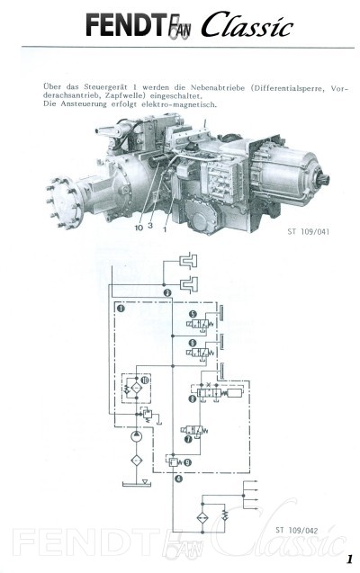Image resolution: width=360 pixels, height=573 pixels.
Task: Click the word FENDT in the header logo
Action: click(123, 25)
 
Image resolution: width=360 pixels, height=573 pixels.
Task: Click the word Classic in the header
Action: click(247, 24)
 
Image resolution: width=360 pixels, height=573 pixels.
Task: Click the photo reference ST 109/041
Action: click(308, 231)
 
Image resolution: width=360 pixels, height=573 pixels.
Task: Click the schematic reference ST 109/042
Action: click(297, 530)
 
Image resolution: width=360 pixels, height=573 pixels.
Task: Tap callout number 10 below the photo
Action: click(139, 228)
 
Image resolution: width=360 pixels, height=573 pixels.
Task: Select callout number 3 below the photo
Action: click(150, 226)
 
